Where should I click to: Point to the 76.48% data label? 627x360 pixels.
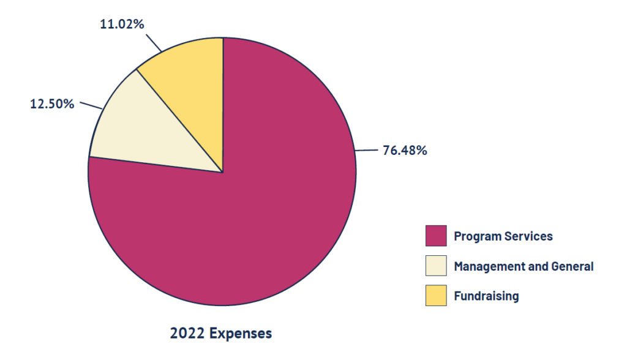(x=405, y=150)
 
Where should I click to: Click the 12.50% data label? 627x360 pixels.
(x=52, y=103)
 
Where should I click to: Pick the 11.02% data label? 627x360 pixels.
(x=122, y=24)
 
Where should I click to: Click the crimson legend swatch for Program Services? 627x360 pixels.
(x=436, y=236)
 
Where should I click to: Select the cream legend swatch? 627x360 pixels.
(x=436, y=266)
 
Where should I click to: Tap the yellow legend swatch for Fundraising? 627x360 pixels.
(x=436, y=296)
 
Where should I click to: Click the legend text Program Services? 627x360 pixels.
(x=503, y=236)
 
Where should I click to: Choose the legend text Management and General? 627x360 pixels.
(x=524, y=266)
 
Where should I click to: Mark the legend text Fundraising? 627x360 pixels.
(x=486, y=296)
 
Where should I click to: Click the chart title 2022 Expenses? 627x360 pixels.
(x=220, y=334)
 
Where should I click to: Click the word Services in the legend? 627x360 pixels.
(x=528, y=236)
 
